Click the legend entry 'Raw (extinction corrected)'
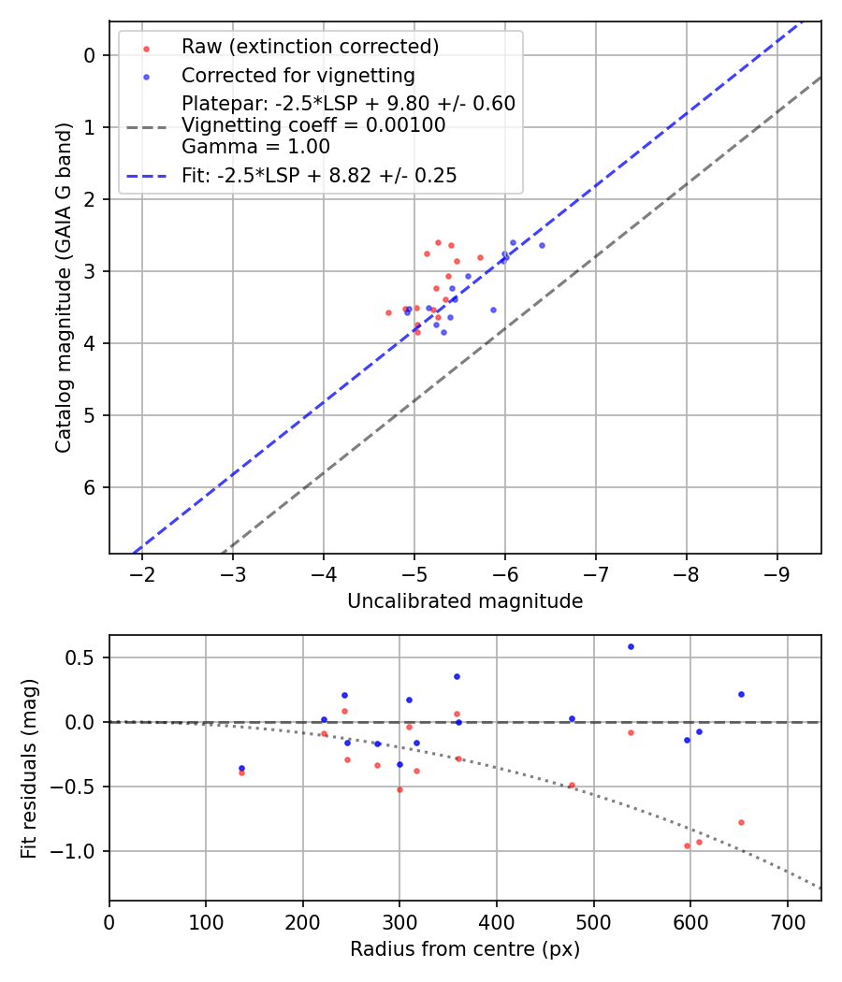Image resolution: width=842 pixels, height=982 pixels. (310, 47)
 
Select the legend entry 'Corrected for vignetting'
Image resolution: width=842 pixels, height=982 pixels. (298, 75)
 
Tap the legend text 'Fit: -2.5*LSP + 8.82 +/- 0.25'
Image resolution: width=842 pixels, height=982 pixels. (319, 176)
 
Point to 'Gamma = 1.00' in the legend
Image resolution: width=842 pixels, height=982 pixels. (255, 146)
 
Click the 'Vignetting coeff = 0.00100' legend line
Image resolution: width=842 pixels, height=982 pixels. (313, 125)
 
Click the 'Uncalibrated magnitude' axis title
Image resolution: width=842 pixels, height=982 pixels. (465, 601)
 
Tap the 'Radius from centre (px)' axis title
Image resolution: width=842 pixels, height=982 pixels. (465, 949)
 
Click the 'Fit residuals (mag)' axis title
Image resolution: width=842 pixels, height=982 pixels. (30, 767)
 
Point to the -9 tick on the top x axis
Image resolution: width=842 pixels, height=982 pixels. (777, 572)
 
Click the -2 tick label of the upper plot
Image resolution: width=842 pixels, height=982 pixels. (142, 572)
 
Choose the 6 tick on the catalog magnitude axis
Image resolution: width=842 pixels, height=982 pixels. (90, 487)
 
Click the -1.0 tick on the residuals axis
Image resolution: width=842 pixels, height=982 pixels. (79, 851)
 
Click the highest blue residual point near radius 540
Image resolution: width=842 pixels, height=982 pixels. (631, 646)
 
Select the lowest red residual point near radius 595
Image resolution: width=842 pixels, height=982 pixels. (687, 845)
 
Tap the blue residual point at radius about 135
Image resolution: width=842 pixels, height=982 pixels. (241, 768)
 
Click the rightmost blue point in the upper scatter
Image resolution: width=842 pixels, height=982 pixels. (542, 245)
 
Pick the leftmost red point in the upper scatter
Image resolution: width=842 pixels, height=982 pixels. (388, 312)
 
